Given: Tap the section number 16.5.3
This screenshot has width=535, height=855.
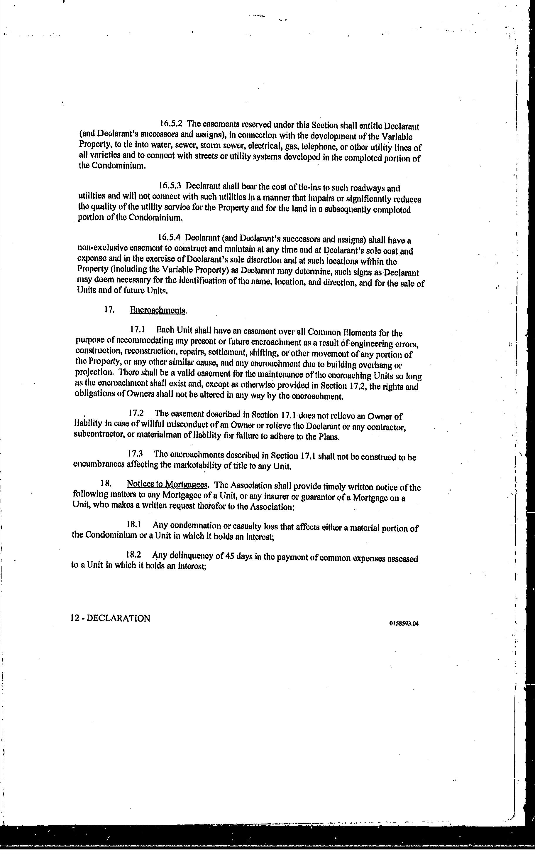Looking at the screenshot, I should (x=170, y=185).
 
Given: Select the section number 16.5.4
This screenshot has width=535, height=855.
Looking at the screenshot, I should (x=170, y=237).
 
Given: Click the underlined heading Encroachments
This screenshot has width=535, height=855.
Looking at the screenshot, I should (x=158, y=310).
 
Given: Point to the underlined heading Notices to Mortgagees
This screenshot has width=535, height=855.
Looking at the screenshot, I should (x=167, y=484).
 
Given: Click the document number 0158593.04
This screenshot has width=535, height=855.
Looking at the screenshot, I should (x=403, y=634).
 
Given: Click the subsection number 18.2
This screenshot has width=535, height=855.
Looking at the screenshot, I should (x=134, y=555).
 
